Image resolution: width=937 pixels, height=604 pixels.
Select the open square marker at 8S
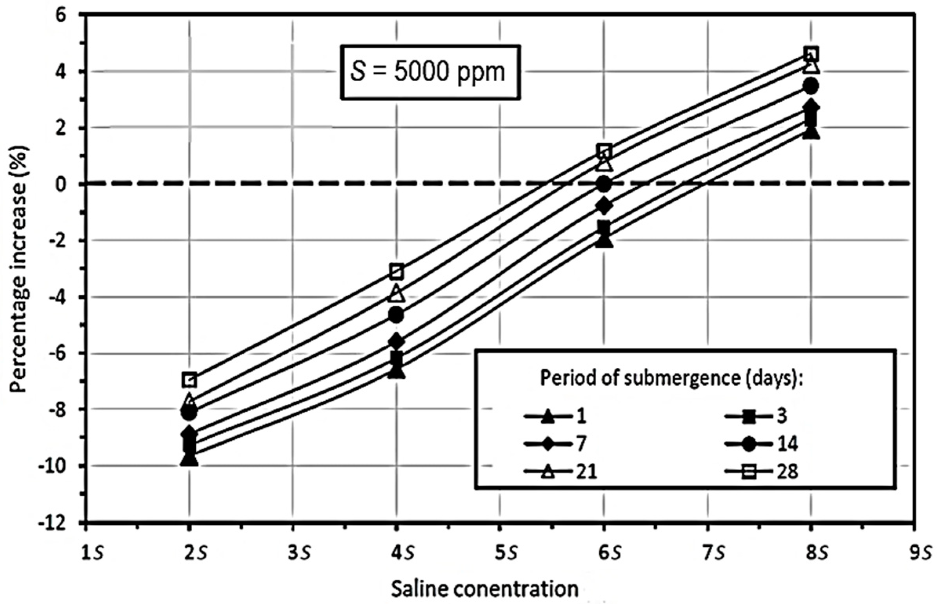pyautogui.click(x=811, y=54)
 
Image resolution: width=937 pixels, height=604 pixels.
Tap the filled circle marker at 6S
pyautogui.click(x=604, y=184)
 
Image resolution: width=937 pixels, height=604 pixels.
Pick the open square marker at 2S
pyautogui.click(x=189, y=380)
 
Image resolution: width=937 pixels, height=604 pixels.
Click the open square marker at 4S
pyautogui.click(x=397, y=271)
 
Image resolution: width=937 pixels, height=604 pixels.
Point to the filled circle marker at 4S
pyautogui.click(x=397, y=315)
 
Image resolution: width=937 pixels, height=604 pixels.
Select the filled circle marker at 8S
pyautogui.click(x=811, y=86)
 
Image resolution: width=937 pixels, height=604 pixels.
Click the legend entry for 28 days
pyautogui.click(x=761, y=472)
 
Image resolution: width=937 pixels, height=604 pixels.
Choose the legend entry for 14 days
pyautogui.click(x=761, y=444)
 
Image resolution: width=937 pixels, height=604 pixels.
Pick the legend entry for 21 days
pyautogui.click(x=561, y=472)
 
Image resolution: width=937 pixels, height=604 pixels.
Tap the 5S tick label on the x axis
pyautogui.click(x=506, y=555)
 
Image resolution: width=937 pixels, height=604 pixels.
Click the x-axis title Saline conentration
pyautogui.click(x=485, y=589)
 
